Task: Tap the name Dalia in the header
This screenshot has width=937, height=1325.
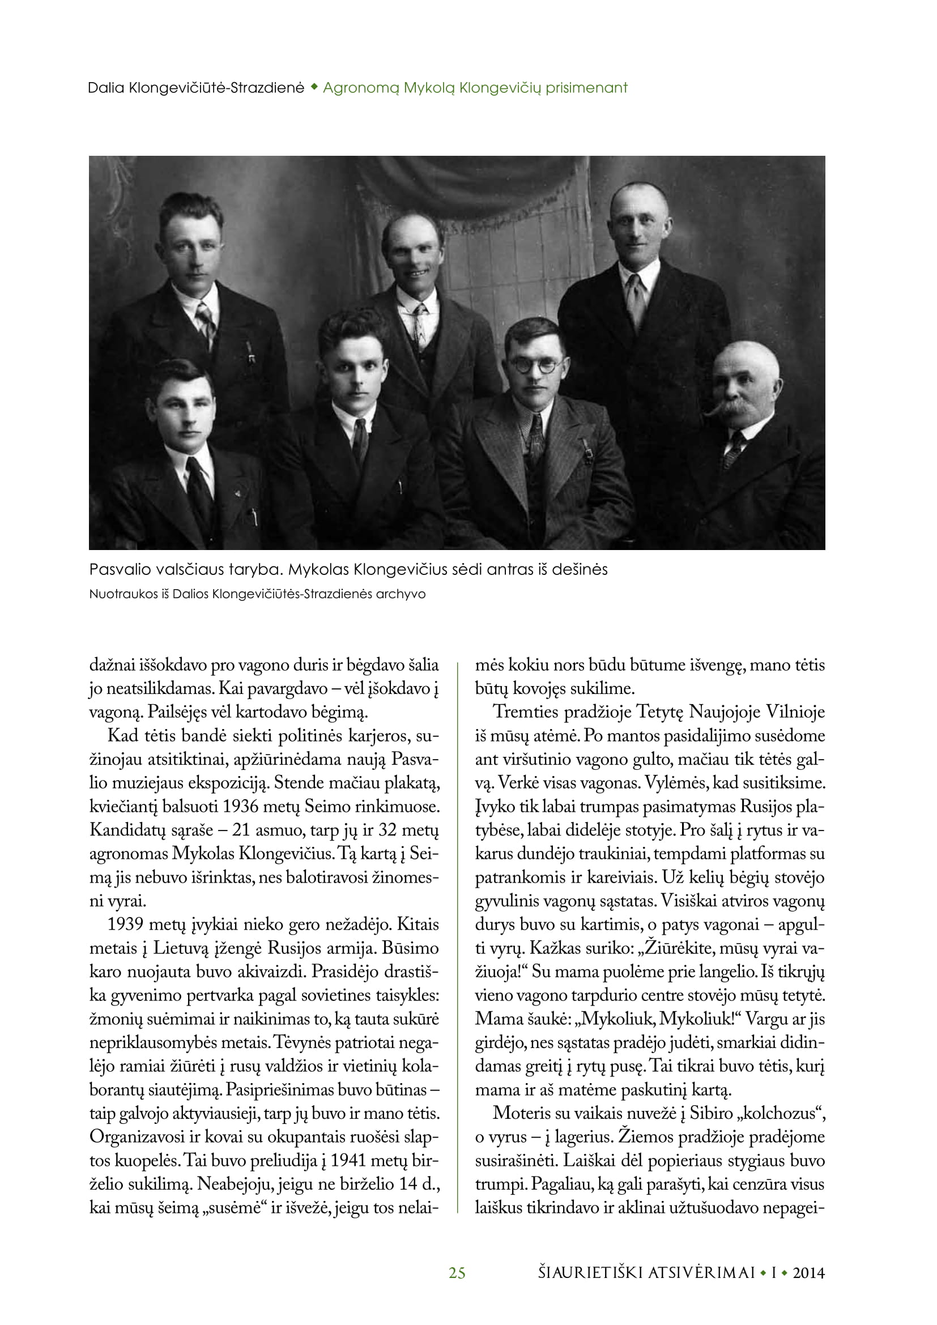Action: tap(106, 88)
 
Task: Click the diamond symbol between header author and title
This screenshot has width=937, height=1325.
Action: tap(313, 88)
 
